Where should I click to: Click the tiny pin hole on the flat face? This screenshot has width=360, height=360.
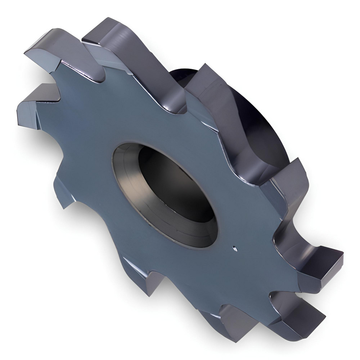[234, 247]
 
